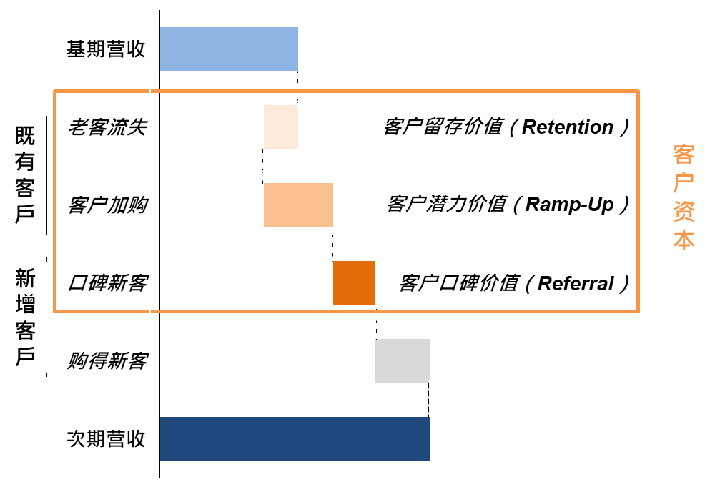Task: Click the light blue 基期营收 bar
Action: coord(229,49)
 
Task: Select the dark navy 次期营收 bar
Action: coord(295,438)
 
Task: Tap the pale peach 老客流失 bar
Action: coord(281,127)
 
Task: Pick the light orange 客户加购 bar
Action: coord(298,205)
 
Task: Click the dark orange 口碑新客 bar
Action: coord(354,282)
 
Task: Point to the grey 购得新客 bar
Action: coord(402,360)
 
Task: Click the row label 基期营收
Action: coord(107,49)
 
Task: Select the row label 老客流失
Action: coord(108,127)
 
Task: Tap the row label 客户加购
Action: coord(108,205)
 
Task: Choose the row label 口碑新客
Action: coord(108,282)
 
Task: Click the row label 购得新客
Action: coord(108,360)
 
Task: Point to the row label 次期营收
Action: coord(107,438)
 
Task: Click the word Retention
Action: coord(568,127)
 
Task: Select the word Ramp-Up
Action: coord(570,205)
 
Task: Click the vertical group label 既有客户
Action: coord(24,174)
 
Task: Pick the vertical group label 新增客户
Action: coord(24,317)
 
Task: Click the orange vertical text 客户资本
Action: coord(684,197)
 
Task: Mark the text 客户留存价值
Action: coord(443,127)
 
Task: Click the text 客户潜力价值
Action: coord(447,205)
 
